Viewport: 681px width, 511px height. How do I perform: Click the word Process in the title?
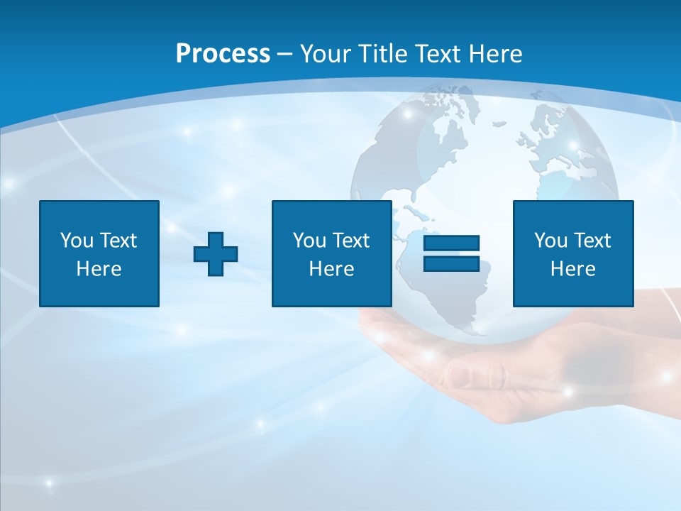223,54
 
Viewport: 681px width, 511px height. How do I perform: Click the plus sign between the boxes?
216,254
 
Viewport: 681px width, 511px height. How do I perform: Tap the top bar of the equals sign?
451,243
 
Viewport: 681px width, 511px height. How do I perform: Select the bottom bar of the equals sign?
451,263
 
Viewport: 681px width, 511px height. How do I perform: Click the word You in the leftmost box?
77,241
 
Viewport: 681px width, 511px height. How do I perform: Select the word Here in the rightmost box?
573,269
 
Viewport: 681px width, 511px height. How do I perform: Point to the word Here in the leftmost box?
99,269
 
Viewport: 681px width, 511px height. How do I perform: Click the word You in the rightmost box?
550,241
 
